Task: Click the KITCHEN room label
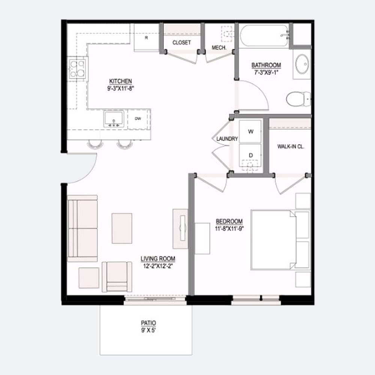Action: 120,81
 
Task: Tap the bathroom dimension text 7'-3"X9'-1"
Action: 266,72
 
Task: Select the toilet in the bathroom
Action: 298,99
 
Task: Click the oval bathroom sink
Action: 302,64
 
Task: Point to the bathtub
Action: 264,36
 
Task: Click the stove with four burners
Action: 77,69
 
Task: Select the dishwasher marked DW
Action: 138,119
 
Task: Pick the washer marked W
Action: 250,132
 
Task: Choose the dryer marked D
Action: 250,157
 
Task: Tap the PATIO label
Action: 148,323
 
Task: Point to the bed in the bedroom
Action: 280,240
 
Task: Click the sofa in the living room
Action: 82,228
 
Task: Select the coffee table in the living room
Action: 122,228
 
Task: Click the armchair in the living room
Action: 117,277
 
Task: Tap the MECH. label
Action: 219,48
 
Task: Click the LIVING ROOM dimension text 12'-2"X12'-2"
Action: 158,266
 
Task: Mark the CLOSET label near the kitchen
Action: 181,43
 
